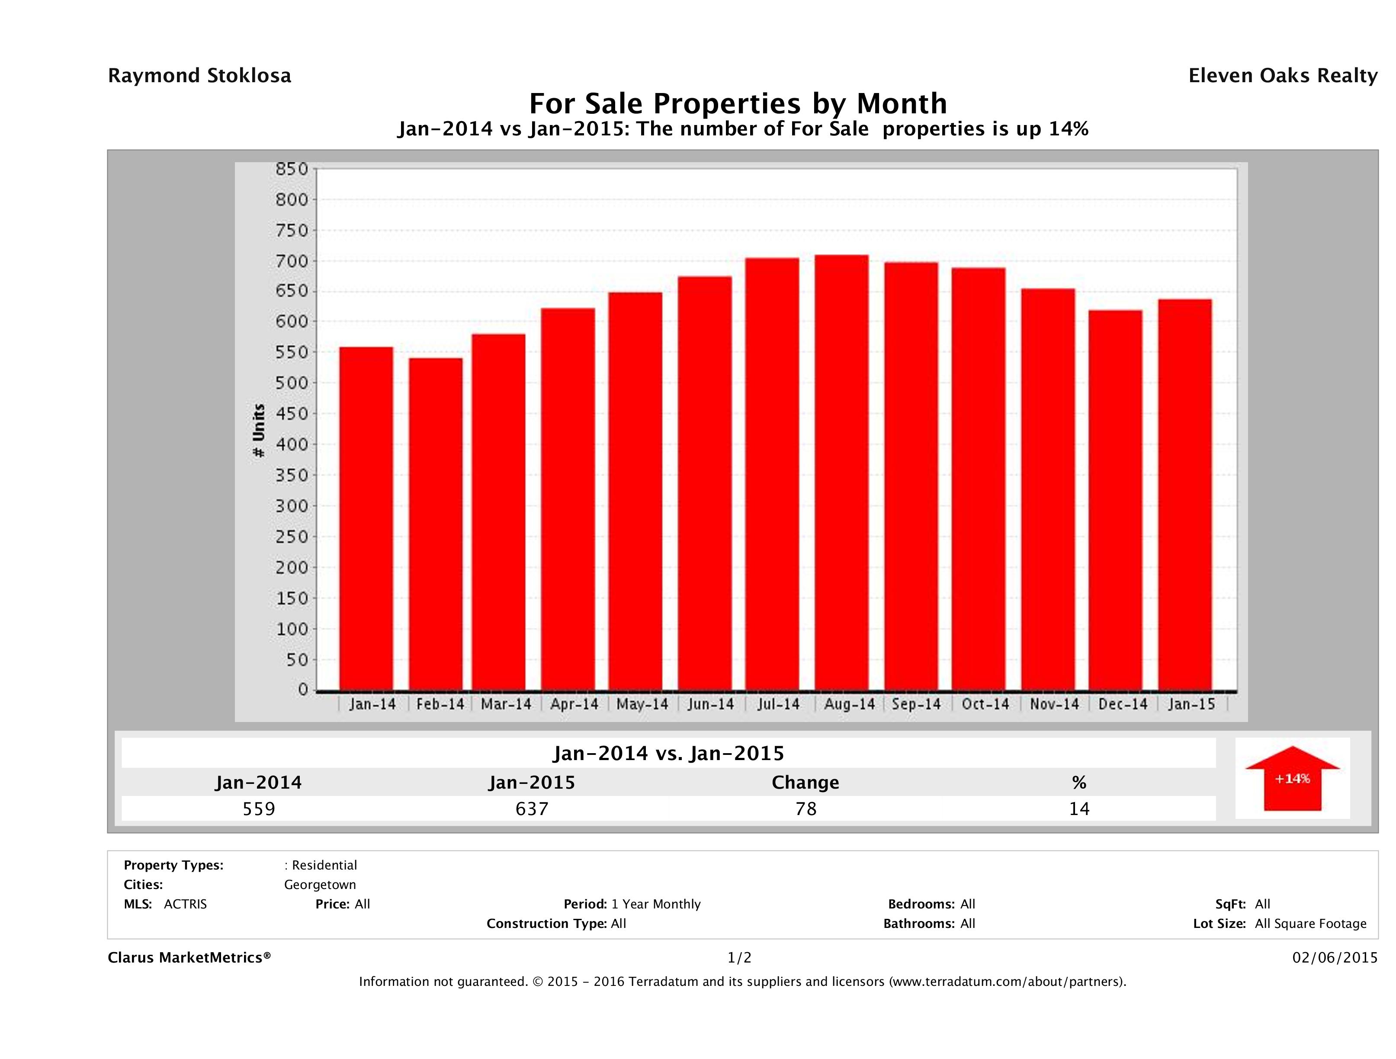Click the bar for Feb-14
pyautogui.click(x=436, y=524)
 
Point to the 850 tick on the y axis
pyautogui.click(x=292, y=169)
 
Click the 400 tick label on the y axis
pyautogui.click(x=292, y=444)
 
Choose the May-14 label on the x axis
pyautogui.click(x=642, y=704)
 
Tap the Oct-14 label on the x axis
pyautogui.click(x=985, y=704)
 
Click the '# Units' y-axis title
pyautogui.click(x=258, y=430)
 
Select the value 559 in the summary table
pyautogui.click(x=259, y=809)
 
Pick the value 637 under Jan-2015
pyautogui.click(x=532, y=809)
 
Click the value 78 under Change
pyautogui.click(x=806, y=809)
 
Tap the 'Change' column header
pyautogui.click(x=806, y=783)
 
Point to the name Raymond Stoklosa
pyautogui.click(x=199, y=76)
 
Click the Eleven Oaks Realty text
pyautogui.click(x=1282, y=76)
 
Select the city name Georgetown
pyautogui.click(x=320, y=885)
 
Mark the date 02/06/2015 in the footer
pyautogui.click(x=1335, y=958)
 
